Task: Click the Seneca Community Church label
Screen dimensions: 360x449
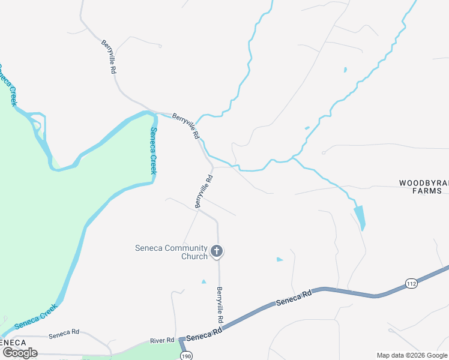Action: [x=170, y=252]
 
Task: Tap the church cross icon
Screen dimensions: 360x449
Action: [x=217, y=251]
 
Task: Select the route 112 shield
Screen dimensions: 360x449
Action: [x=411, y=283]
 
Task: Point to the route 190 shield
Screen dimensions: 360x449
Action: [x=186, y=355]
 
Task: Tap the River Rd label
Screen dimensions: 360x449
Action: [x=161, y=341]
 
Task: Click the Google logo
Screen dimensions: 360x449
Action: [x=19, y=353]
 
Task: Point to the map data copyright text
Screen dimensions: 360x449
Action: [x=412, y=355]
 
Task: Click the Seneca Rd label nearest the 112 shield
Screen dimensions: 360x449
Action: [x=294, y=298]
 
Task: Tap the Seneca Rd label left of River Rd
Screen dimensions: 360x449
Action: [x=64, y=332]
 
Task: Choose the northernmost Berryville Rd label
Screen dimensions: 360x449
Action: [x=108, y=56]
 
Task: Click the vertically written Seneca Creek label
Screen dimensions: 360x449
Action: [x=154, y=151]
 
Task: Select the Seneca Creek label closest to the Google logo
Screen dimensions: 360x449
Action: [x=35, y=316]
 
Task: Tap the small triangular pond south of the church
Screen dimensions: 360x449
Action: [x=203, y=281]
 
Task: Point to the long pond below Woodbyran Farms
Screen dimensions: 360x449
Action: [x=360, y=217]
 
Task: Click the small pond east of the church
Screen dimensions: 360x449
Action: [x=279, y=259]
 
